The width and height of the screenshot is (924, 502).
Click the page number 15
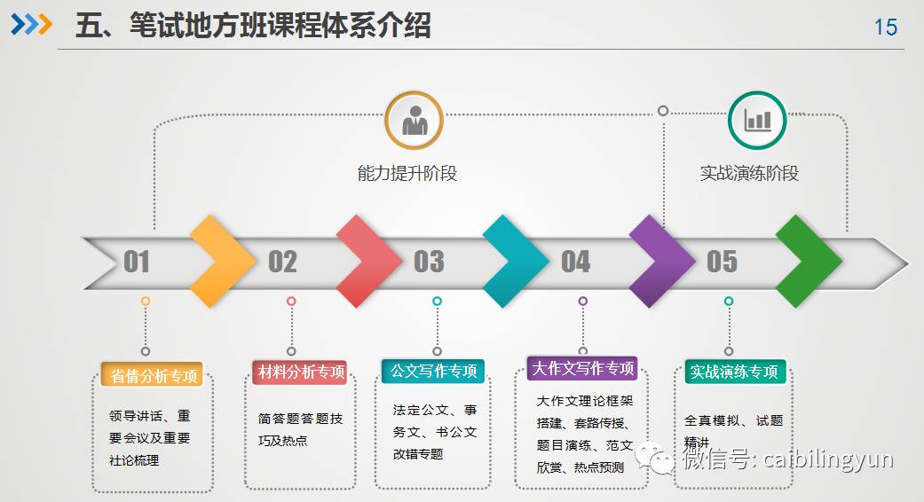pyautogui.click(x=886, y=27)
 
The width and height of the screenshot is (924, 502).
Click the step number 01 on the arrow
pyautogui.click(x=137, y=262)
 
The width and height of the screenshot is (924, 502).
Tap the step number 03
pyautogui.click(x=429, y=262)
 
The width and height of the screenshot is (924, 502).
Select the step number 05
pyautogui.click(x=722, y=262)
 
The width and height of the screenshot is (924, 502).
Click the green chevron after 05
pyautogui.click(x=808, y=261)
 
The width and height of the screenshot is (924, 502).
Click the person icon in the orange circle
pyautogui.click(x=414, y=121)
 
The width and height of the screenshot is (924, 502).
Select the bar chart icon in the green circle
pyautogui.click(x=757, y=121)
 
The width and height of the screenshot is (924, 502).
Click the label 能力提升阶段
pyautogui.click(x=407, y=173)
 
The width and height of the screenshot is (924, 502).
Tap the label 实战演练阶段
pyautogui.click(x=749, y=173)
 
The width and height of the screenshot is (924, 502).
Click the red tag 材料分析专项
pyautogui.click(x=299, y=372)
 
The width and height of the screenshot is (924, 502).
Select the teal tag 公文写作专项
pyautogui.click(x=433, y=371)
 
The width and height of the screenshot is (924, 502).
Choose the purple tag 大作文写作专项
pyautogui.click(x=582, y=368)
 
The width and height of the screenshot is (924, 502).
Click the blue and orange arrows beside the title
pyautogui.click(x=32, y=25)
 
